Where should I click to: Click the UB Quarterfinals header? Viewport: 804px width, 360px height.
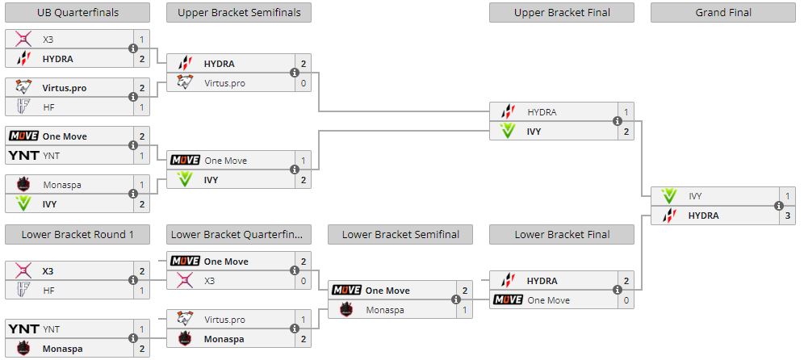coord(77,12)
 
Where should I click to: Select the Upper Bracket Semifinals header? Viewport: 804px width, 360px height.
coord(239,12)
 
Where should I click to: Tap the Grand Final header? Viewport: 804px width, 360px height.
coord(723,12)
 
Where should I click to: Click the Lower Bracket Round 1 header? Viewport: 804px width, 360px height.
coord(77,235)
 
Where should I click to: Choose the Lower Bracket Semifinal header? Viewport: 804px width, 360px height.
coord(400,235)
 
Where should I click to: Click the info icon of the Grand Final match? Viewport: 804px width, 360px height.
coord(779,206)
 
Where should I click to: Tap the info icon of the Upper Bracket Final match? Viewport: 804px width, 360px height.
coord(618,122)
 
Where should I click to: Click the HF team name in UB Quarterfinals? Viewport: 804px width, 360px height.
coord(50,107)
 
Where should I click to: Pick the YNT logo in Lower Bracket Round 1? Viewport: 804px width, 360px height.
coord(23,329)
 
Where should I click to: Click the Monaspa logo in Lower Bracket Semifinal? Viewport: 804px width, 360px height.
coord(346,310)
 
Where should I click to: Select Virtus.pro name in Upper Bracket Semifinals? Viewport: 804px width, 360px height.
coord(225,82)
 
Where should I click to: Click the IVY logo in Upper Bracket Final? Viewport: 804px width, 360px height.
coord(508,132)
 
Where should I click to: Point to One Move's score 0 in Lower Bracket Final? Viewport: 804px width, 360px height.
coord(626,300)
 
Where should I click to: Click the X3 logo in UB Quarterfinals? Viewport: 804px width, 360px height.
coord(23,39)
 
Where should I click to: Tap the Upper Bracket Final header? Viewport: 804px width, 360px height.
coord(562,12)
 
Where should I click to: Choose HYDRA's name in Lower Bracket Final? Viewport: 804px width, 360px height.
coord(542,281)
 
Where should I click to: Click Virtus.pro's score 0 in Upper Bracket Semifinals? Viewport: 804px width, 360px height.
coord(304,82)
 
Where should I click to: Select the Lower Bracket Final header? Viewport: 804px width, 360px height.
coord(562,235)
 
